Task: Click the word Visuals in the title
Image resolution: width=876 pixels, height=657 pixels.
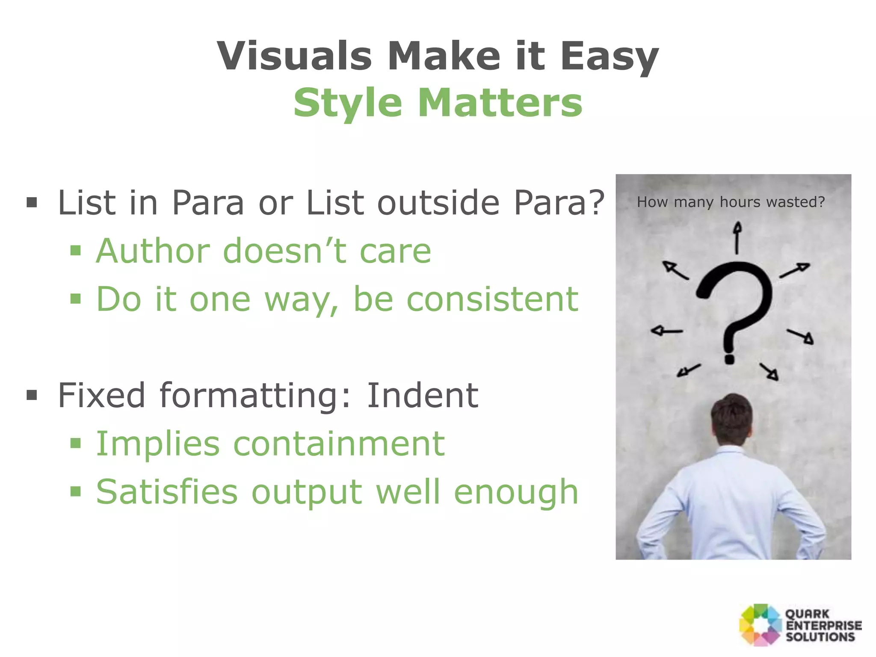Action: (x=294, y=56)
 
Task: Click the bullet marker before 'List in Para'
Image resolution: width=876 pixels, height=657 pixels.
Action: (x=32, y=202)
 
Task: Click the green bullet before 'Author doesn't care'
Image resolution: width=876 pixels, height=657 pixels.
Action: (x=76, y=250)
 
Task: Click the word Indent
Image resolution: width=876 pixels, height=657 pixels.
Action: (x=422, y=395)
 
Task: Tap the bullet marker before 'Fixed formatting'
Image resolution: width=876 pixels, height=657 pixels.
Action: (x=32, y=395)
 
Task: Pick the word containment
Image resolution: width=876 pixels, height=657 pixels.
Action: (x=339, y=444)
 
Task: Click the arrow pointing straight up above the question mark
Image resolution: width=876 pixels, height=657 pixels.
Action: (x=737, y=237)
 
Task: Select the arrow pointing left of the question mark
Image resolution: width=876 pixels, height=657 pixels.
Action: (x=666, y=331)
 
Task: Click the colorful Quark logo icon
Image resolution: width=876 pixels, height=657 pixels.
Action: (x=760, y=625)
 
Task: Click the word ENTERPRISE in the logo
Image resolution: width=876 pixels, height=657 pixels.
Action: (x=824, y=625)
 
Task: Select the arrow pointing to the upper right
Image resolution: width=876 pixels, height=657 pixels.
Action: (x=795, y=270)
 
